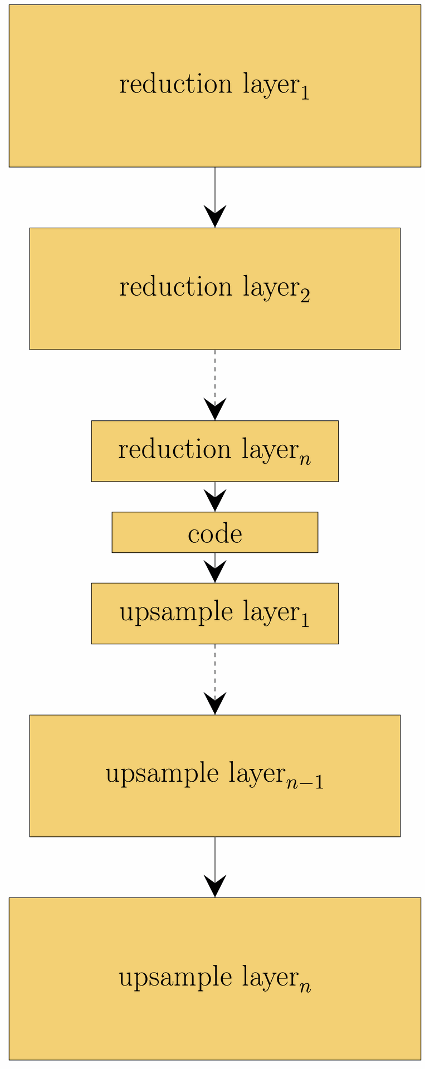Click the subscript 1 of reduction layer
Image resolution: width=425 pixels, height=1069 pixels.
tap(304, 92)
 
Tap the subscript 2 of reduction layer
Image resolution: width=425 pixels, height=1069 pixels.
tap(305, 295)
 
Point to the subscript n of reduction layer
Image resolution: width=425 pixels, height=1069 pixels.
tap(305, 459)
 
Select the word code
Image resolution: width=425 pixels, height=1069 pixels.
tap(215, 534)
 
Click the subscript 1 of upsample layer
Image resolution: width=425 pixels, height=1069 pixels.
tap(304, 620)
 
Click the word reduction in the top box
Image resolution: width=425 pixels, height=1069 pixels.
tap(175, 85)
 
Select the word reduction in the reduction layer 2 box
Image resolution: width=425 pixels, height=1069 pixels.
tap(175, 287)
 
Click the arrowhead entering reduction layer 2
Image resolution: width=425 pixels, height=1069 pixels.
tap(215, 216)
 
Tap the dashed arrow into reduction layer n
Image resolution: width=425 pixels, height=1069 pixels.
tap(215, 384)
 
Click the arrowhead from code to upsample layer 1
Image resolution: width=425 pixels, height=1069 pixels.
tap(215, 572)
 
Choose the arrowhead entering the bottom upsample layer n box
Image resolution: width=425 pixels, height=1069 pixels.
tap(215, 886)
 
